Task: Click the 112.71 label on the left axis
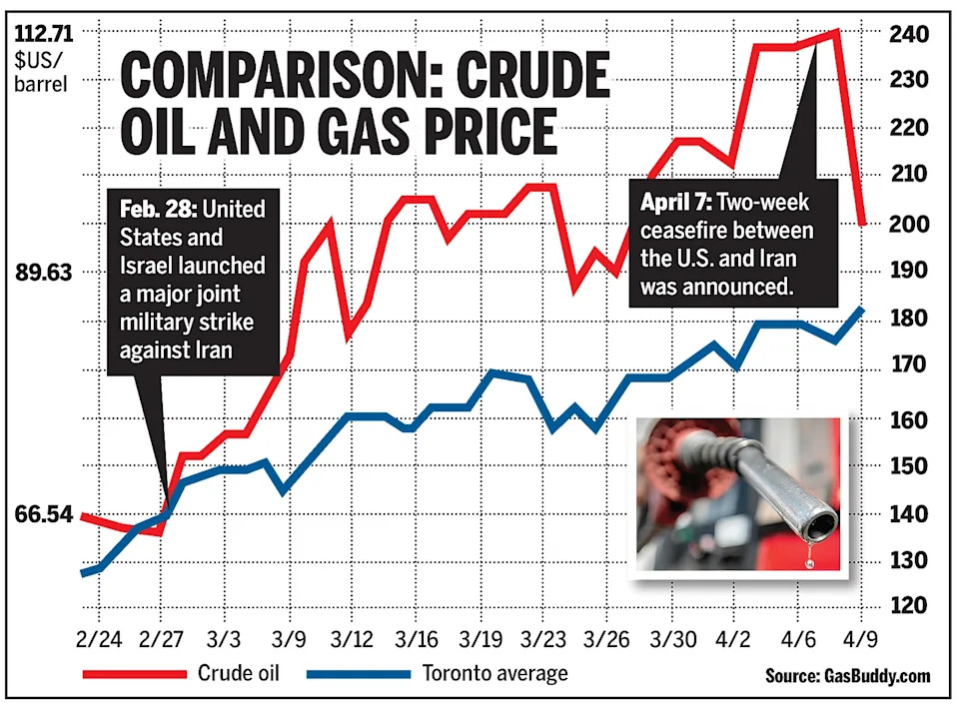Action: coord(41,33)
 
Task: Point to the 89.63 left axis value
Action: coord(41,272)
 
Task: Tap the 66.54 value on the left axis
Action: coord(41,515)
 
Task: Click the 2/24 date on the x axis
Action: coord(96,637)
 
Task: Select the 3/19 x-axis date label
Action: coord(481,637)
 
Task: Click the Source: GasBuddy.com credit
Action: coord(848,676)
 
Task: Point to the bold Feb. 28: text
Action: coord(156,211)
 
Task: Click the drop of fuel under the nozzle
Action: coord(809,562)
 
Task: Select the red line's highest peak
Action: coord(836,32)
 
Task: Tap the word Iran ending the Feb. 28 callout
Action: coord(211,351)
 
